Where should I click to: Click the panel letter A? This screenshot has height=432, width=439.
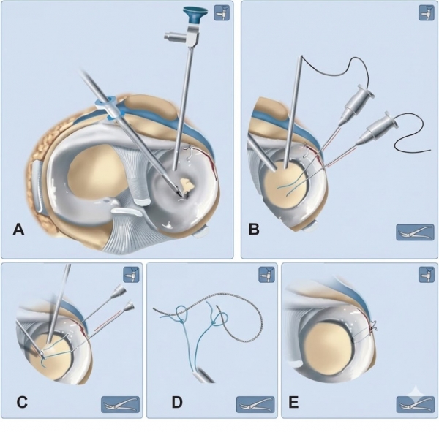pyautogui.click(x=18, y=230)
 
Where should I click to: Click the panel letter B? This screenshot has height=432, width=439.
pyautogui.click(x=254, y=229)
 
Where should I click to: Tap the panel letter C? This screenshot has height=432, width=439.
pyautogui.click(x=22, y=402)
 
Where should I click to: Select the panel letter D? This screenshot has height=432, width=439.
pyautogui.click(x=177, y=402)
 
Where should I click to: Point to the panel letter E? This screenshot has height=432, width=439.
pyautogui.click(x=293, y=403)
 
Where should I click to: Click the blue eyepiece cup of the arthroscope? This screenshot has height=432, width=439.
pyautogui.click(x=195, y=15)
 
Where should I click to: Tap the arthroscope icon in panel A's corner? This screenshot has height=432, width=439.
pyautogui.click(x=222, y=12)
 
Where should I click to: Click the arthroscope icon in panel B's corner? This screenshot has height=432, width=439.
pyautogui.click(x=427, y=12)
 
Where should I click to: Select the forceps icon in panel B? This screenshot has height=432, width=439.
pyautogui.click(x=415, y=232)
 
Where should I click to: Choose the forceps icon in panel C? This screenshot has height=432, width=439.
pyautogui.click(x=120, y=404)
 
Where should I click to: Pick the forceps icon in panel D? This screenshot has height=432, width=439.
pyautogui.click(x=255, y=404)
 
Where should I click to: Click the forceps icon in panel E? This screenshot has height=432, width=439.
pyautogui.click(x=415, y=404)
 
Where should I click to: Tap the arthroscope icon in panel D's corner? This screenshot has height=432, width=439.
pyautogui.click(x=266, y=274)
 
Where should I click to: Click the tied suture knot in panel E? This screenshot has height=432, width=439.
pyautogui.click(x=373, y=326)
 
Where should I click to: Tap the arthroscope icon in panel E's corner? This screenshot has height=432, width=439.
pyautogui.click(x=427, y=274)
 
